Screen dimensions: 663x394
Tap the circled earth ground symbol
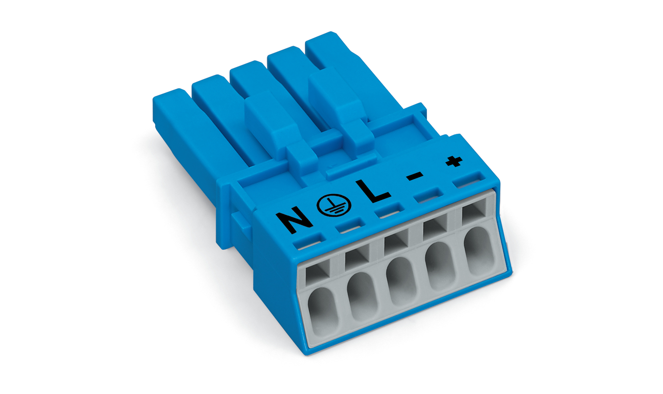(334, 205)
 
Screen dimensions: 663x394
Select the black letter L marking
(373, 191)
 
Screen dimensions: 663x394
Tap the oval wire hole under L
(402, 281)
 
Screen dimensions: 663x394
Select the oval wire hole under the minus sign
(440, 266)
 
